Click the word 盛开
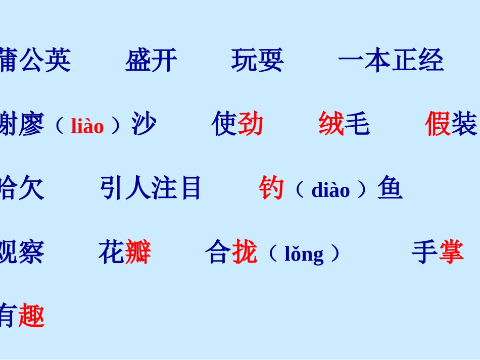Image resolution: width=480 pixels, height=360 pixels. click(151, 61)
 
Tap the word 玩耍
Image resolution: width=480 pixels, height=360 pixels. click(257, 61)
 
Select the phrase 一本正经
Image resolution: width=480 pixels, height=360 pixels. click(390, 61)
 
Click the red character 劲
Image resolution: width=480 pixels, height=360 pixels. click(251, 124)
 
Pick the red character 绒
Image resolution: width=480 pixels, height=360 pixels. click(331, 124)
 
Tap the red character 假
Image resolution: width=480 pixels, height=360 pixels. click(438, 124)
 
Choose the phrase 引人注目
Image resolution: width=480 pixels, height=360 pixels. click(151, 188)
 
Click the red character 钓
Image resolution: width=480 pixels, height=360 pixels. click(271, 188)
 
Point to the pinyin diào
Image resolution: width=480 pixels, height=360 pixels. click(330, 190)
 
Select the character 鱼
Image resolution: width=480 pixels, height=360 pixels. click(390, 188)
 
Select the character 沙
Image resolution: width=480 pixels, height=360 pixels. click(144, 124)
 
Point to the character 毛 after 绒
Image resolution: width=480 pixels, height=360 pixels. click(357, 124)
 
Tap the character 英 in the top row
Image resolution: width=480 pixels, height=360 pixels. click(58, 61)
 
